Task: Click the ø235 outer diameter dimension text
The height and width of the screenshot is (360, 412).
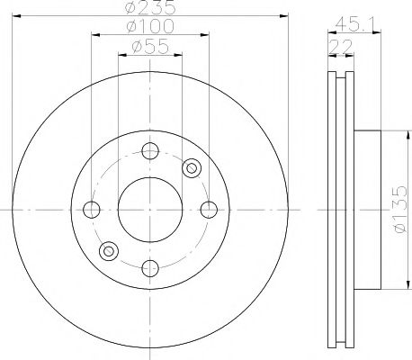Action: point(150,8)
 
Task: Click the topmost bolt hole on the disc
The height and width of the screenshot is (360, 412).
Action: point(150,150)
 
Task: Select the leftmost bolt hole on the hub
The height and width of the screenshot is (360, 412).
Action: point(91,210)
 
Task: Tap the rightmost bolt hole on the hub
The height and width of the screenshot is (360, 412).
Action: point(210,210)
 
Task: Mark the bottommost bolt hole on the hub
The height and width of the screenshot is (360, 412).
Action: point(150,267)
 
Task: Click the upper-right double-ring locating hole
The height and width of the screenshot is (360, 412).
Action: point(190,167)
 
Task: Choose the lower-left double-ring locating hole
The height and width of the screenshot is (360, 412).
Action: point(110,250)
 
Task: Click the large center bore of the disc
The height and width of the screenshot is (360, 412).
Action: point(150,209)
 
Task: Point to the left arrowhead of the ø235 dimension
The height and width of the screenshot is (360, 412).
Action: point(21,15)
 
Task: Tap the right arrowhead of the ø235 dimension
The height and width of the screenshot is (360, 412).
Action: point(280,15)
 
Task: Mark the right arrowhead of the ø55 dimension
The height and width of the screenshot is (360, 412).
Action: point(178,54)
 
